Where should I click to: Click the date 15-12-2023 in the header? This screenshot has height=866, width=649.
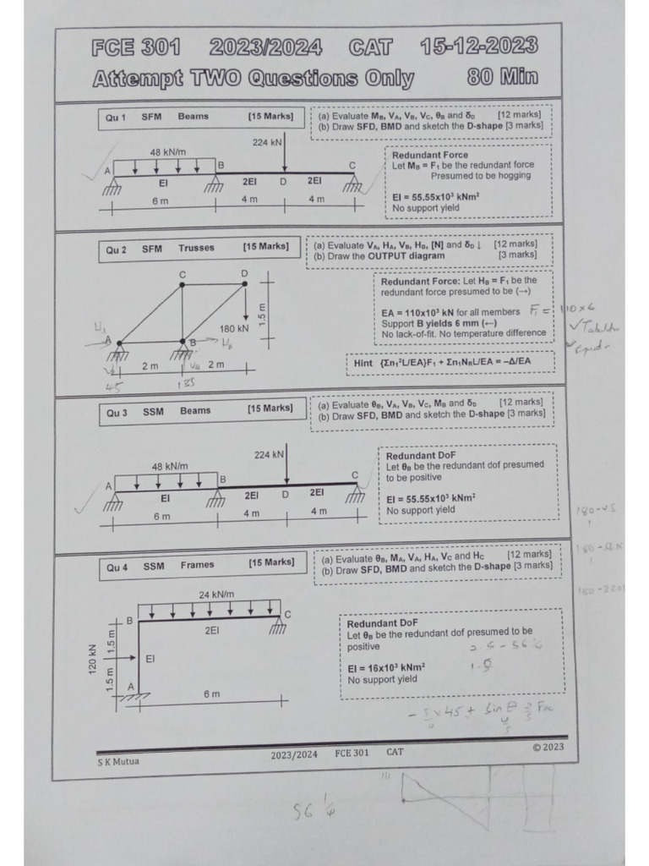[x=479, y=47]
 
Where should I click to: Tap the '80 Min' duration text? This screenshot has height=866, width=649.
[x=502, y=78]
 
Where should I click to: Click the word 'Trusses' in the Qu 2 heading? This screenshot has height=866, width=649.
[x=196, y=248]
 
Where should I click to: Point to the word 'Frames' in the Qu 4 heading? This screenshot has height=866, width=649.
[x=197, y=565]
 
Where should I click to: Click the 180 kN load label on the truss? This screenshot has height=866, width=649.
[x=234, y=328]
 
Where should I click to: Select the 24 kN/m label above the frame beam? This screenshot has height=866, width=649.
[x=216, y=595]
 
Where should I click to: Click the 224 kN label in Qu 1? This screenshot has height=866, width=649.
[x=267, y=142]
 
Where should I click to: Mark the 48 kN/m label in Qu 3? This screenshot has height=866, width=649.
[x=169, y=466]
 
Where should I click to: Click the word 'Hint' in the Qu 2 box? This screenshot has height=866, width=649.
[x=363, y=363]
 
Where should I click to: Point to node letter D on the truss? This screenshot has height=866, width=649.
[x=244, y=273]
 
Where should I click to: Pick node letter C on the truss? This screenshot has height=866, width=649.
[x=182, y=275]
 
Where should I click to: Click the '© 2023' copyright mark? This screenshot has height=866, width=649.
[x=548, y=747]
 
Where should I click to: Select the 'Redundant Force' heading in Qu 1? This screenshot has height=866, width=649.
[x=429, y=155]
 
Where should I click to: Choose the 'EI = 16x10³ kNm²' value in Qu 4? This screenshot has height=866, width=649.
[x=386, y=667]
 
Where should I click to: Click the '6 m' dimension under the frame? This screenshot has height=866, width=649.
[x=211, y=693]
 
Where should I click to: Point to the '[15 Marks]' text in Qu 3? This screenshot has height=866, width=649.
[x=270, y=408]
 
